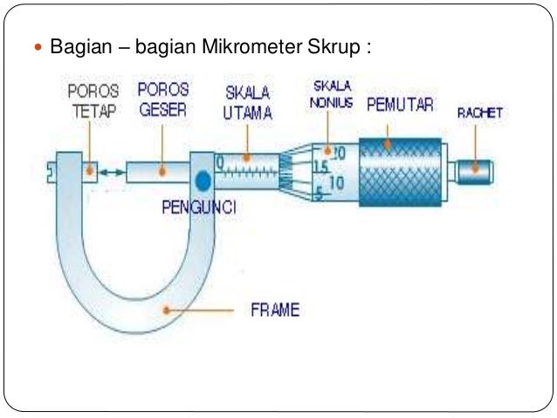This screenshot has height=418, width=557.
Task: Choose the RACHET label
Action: point(480,113)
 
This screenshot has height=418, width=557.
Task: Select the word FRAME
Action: point(275,310)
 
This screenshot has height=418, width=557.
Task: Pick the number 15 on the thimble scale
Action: point(320,167)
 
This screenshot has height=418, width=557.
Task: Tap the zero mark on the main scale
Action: point(222,162)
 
